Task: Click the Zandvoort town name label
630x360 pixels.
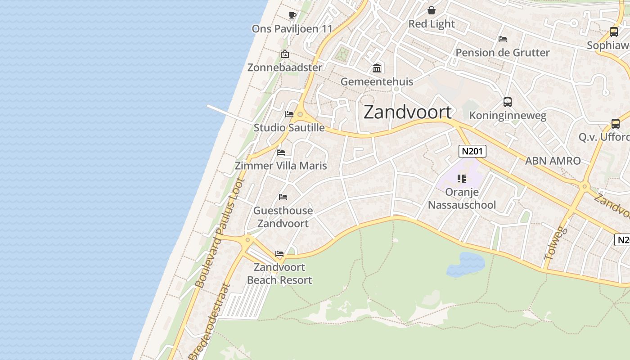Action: coord(407,112)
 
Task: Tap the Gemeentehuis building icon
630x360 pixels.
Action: coord(377,68)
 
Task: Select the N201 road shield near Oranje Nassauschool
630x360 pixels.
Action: coord(472,151)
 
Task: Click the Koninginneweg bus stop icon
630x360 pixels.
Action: coord(508,102)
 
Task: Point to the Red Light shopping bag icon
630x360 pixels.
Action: coord(432,10)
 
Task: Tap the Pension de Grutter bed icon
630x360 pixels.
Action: coord(503,39)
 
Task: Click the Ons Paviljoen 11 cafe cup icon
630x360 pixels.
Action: coord(292,16)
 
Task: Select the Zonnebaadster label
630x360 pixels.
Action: coord(285,67)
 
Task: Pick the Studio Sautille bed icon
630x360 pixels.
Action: coord(289,114)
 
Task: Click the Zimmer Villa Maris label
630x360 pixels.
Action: coord(281,166)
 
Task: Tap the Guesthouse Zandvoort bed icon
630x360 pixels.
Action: coord(283,197)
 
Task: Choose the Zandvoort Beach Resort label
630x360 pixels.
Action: coord(279,274)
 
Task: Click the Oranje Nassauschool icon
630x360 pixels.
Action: coord(461,179)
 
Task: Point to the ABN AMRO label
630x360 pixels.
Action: coord(553,161)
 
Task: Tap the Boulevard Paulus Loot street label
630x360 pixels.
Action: coord(220,233)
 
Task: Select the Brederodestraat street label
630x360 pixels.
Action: coord(209,322)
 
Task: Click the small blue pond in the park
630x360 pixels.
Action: coord(466,264)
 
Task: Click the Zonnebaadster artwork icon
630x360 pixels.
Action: coord(285,54)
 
